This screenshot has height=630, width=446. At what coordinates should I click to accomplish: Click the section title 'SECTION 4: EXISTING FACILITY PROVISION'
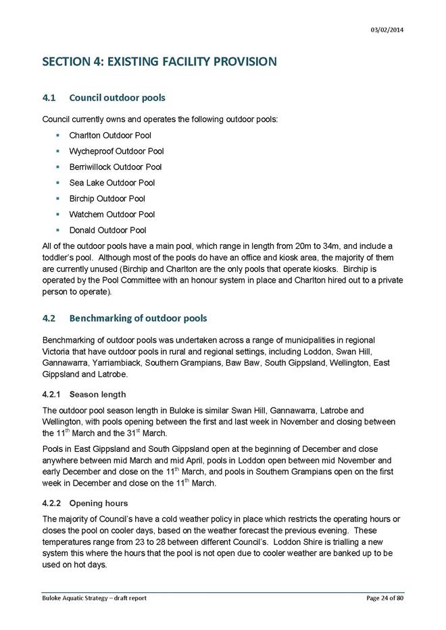(159, 62)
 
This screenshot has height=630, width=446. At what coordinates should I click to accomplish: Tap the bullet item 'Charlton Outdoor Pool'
(110, 136)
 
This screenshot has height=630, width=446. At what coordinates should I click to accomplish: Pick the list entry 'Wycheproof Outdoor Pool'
(116, 151)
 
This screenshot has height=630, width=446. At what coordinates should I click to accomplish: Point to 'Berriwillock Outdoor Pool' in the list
(116, 167)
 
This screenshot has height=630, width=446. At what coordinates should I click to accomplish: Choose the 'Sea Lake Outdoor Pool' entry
(111, 183)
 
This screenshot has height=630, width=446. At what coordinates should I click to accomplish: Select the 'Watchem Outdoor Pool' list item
(111, 214)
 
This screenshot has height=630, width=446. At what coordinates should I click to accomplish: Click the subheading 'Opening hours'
(99, 503)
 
